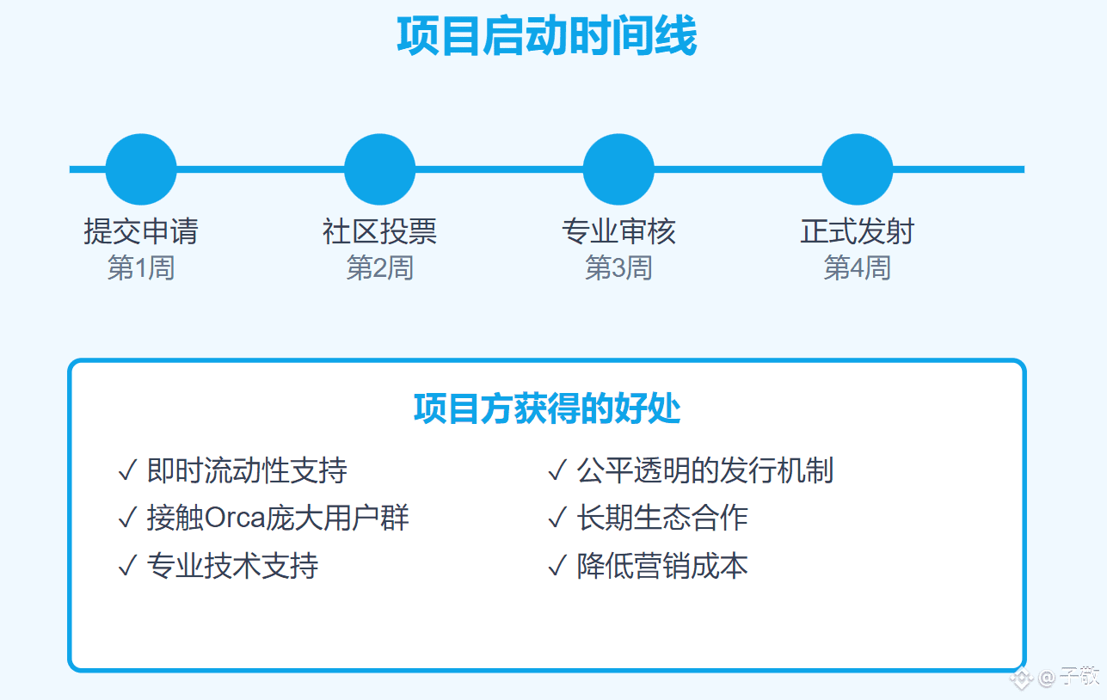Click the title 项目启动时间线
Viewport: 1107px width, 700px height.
pyautogui.click(x=547, y=35)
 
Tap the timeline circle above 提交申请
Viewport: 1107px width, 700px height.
pyautogui.click(x=141, y=169)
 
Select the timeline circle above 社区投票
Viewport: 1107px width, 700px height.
pyautogui.click(x=379, y=169)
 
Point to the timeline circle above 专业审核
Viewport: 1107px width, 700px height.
pyautogui.click(x=618, y=169)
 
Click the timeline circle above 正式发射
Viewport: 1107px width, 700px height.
pyautogui.click(x=857, y=169)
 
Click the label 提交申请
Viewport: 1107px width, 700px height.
pyautogui.click(x=141, y=231)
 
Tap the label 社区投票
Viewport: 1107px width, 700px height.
pyautogui.click(x=379, y=231)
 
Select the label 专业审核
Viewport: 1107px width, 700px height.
pyautogui.click(x=618, y=231)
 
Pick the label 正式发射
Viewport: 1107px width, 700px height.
pyautogui.click(x=857, y=231)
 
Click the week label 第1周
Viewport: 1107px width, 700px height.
pyautogui.click(x=141, y=267)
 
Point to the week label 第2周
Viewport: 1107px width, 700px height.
pyautogui.click(x=379, y=267)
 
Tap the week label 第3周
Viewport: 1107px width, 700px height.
pyautogui.click(x=618, y=267)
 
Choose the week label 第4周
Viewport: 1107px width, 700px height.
pyautogui.click(x=857, y=267)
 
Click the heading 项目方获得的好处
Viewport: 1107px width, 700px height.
pyautogui.click(x=547, y=408)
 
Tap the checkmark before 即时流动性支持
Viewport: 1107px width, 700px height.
pyautogui.click(x=127, y=470)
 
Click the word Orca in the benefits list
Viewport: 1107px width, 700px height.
pyautogui.click(x=234, y=519)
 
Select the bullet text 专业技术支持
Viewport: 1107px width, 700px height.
pyautogui.click(x=232, y=566)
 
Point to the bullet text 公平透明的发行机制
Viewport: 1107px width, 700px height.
pyautogui.click(x=705, y=470)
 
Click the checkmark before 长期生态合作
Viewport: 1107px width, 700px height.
pyautogui.click(x=557, y=519)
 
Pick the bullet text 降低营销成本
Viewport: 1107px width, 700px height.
pyautogui.click(x=662, y=566)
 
